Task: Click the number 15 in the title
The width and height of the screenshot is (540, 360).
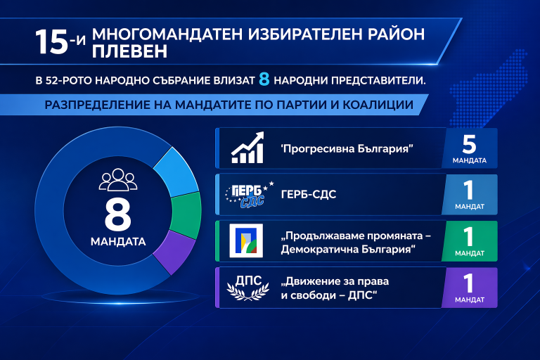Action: point(51,41)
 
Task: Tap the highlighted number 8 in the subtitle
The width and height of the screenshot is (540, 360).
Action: point(264,80)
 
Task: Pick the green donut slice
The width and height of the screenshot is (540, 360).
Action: point(186,214)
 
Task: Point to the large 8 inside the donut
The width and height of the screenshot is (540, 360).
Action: point(117,215)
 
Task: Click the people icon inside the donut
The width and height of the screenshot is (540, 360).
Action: point(117,180)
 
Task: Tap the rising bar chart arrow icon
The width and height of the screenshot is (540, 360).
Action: point(247,148)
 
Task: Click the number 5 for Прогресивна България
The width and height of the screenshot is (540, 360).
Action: point(470,144)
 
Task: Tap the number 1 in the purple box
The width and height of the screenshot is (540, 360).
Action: point(470,283)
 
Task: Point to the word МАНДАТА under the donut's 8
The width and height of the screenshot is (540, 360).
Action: point(117,243)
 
